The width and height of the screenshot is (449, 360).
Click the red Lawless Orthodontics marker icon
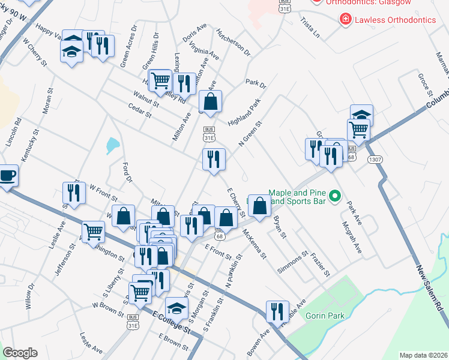(345, 20)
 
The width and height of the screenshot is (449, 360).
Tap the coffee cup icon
(7, 175)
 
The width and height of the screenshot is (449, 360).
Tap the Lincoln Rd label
(14, 132)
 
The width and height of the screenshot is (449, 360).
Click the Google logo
(20, 353)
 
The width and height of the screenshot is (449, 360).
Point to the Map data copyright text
(423, 355)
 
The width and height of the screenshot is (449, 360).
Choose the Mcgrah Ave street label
(354, 237)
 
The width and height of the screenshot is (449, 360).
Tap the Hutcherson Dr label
(233, 42)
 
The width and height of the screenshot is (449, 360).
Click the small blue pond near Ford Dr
(112, 145)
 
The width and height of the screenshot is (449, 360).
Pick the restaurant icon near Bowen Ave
(277, 311)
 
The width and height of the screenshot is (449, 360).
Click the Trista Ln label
(310, 28)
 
